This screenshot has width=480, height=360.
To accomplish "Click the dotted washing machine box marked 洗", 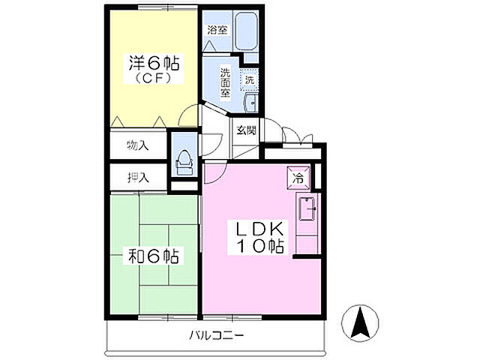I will (x=250, y=79).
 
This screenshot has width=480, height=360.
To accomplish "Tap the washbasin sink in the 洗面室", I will (x=251, y=102).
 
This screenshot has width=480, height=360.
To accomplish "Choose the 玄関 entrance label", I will (x=247, y=129).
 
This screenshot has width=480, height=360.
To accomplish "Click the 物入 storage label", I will (x=138, y=144).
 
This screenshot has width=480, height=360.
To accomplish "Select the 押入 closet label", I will (x=138, y=178).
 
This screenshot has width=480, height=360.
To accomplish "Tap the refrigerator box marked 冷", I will (x=297, y=178).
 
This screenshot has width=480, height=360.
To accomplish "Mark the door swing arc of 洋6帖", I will (x=191, y=117).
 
